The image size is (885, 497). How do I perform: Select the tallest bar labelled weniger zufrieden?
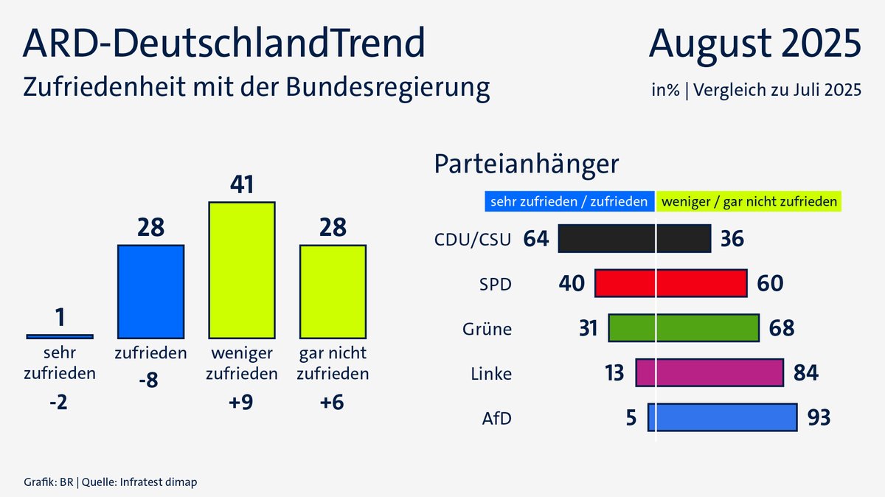pos(242,269)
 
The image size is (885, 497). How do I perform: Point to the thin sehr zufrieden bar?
pos(60,336)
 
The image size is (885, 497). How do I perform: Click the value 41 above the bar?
pos(242,184)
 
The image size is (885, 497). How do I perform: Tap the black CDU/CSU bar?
pos(634,240)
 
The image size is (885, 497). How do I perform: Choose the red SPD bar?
pos(671,284)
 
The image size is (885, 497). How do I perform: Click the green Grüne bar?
pos(684,328)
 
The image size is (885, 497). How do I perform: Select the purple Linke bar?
pos(709,373)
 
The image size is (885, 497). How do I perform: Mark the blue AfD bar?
pos(723,417)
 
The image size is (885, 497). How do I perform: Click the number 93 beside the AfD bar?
pos(819,418)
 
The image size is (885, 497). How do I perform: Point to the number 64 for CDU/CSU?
pos(536,240)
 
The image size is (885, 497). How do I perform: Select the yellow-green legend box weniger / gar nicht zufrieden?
pos(749,201)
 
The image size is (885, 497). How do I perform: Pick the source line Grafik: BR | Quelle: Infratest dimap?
pos(110,482)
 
